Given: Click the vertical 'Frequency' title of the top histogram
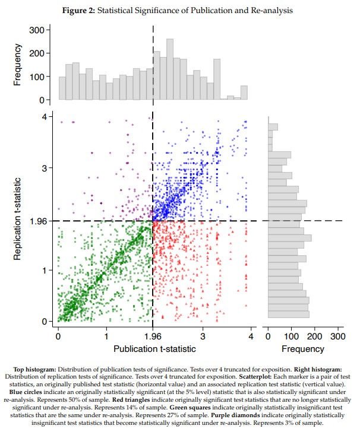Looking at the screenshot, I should (18, 64).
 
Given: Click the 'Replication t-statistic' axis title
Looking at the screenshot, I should (18, 218).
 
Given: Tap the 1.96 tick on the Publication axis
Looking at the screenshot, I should (153, 335).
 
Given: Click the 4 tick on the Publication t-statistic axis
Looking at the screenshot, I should (251, 335).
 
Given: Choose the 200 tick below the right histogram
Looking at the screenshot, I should (315, 335).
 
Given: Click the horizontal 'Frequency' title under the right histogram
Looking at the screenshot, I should (303, 348).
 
